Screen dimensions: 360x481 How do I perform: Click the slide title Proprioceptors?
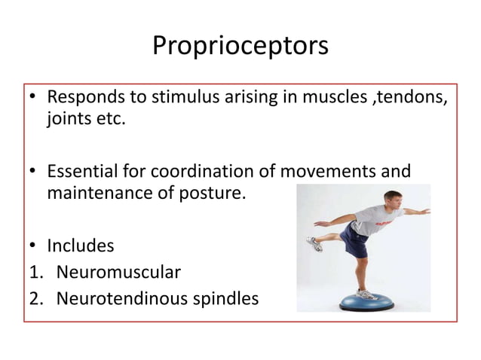pos(240,46)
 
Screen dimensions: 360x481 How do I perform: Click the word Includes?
pos(81,246)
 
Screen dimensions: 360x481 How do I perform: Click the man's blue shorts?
pos(355,240)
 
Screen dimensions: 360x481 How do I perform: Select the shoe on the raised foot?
pos(314,245)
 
